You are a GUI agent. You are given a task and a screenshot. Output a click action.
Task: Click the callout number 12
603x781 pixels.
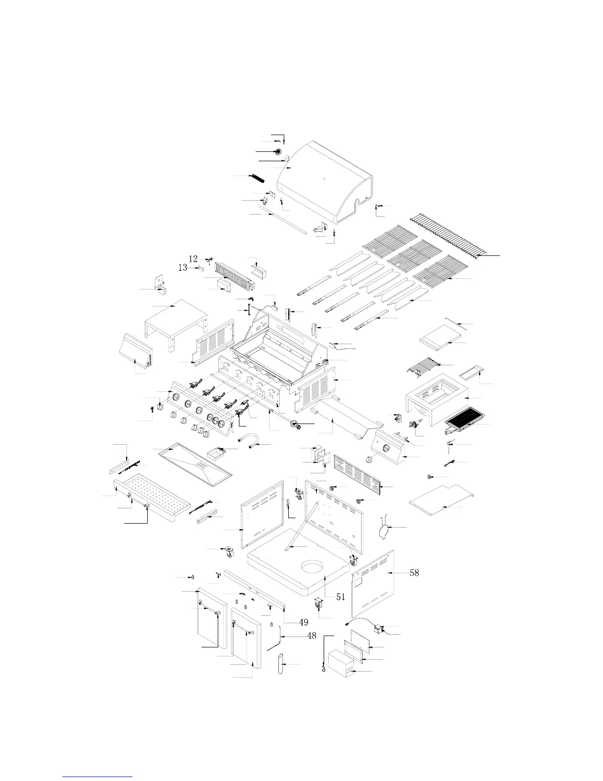click(x=193, y=259)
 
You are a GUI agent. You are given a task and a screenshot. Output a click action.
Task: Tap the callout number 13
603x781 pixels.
click(x=183, y=268)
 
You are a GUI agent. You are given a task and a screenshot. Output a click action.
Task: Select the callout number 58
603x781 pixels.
click(x=414, y=573)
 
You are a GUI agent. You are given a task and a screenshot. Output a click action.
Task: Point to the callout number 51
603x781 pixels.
click(x=340, y=597)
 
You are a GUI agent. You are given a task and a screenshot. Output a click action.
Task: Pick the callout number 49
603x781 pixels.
click(x=303, y=622)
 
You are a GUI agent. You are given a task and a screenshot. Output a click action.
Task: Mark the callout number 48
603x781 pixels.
click(x=311, y=636)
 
